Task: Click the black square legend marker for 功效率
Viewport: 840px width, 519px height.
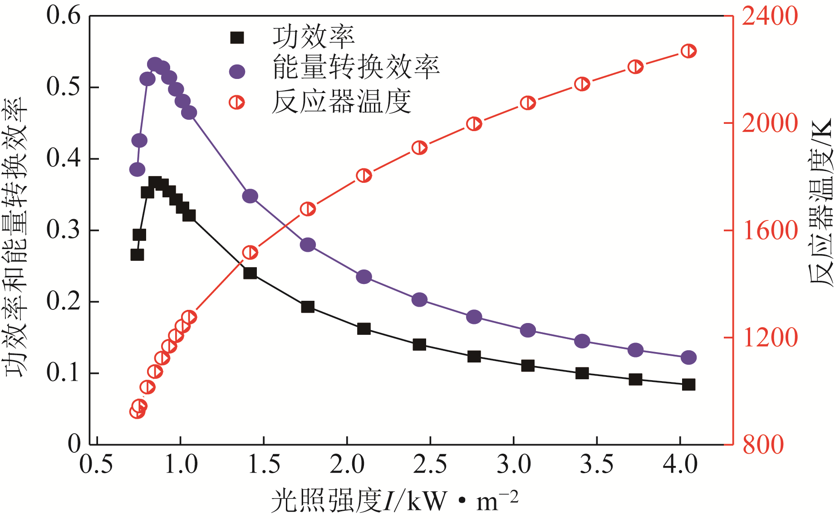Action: pos(237,38)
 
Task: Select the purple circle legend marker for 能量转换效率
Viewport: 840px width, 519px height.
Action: pos(237,71)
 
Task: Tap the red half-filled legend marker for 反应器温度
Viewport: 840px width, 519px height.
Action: pos(237,103)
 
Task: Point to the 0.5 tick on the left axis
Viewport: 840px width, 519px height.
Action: pos(64,87)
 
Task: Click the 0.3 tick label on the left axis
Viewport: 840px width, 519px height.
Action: pos(64,230)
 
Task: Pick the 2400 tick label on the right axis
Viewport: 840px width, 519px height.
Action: pos(770,16)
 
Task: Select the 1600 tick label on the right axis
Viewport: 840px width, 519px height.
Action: pos(770,230)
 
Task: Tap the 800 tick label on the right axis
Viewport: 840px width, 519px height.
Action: pos(763,445)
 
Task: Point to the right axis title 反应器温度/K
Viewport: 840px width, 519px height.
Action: pos(822,202)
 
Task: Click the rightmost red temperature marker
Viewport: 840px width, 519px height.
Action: pos(688,51)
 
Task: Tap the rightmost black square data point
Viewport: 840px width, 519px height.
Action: pos(688,385)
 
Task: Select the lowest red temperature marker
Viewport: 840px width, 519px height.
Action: pos(137,411)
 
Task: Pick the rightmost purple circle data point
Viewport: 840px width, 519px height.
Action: pos(688,357)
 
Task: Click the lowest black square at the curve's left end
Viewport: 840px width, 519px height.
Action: pos(137,255)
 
